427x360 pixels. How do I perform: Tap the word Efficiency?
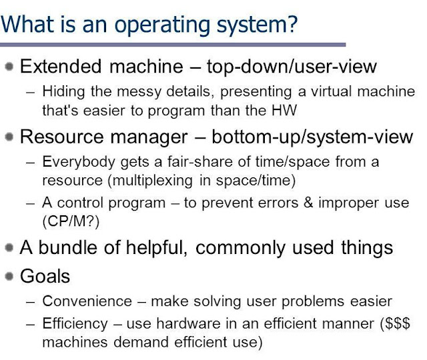(69, 325)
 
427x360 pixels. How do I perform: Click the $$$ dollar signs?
(398, 325)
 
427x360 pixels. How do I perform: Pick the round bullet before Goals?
(9, 275)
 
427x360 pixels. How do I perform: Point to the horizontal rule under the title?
(173, 45)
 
